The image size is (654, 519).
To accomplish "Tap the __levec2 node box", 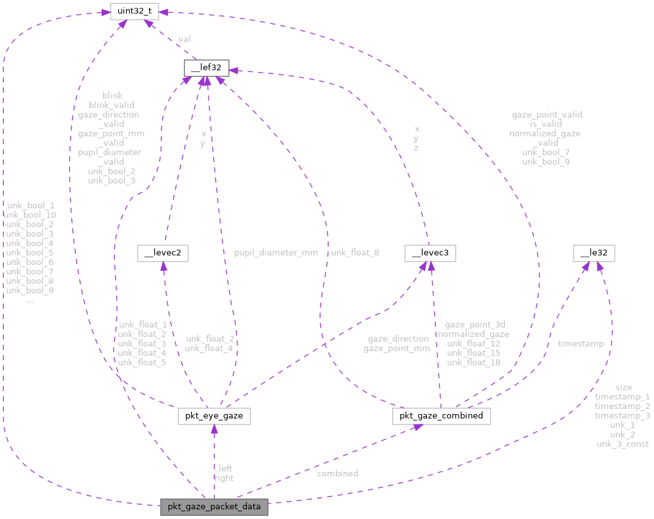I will tap(163, 253).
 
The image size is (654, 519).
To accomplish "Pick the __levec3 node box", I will tap(430, 253).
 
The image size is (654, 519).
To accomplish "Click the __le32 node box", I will tap(594, 253).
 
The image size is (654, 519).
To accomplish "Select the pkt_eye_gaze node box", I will tap(213, 417).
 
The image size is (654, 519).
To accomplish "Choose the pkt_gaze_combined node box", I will tap(442, 416).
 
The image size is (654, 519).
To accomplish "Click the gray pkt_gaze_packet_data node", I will tap(214, 507).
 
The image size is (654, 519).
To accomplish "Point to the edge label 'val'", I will tap(184, 39).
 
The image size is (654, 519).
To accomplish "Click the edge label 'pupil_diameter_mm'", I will tap(276, 253).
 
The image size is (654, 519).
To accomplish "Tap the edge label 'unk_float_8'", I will tap(355, 253).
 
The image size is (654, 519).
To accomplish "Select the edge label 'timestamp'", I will tap(581, 343).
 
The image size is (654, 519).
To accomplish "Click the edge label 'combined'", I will tap(338, 473).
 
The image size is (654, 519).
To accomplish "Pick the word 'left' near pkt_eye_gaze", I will tap(225, 468).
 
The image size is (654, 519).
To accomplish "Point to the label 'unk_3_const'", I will tap(622, 444).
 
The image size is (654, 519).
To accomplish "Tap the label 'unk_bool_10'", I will tap(30, 214).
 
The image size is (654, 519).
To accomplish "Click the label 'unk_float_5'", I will tap(142, 363).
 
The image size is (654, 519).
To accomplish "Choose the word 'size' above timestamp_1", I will tap(623, 387).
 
